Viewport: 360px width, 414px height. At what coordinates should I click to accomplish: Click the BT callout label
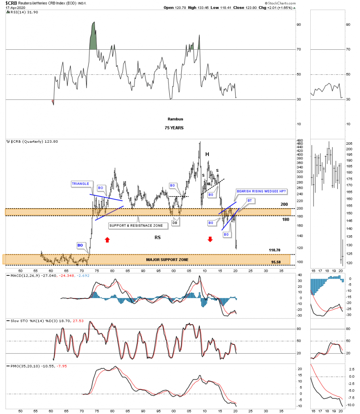point(250,201)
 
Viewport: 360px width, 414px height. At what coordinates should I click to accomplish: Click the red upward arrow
point(107,239)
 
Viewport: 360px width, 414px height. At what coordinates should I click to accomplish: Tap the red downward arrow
point(210,239)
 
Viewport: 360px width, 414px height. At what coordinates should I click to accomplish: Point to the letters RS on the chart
point(158,238)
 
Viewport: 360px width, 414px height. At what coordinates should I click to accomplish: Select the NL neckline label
point(209,184)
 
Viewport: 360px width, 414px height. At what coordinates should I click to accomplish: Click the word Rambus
point(175,119)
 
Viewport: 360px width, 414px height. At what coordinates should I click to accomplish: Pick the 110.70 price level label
point(274,250)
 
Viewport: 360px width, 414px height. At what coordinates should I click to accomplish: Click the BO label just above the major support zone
point(81,245)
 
